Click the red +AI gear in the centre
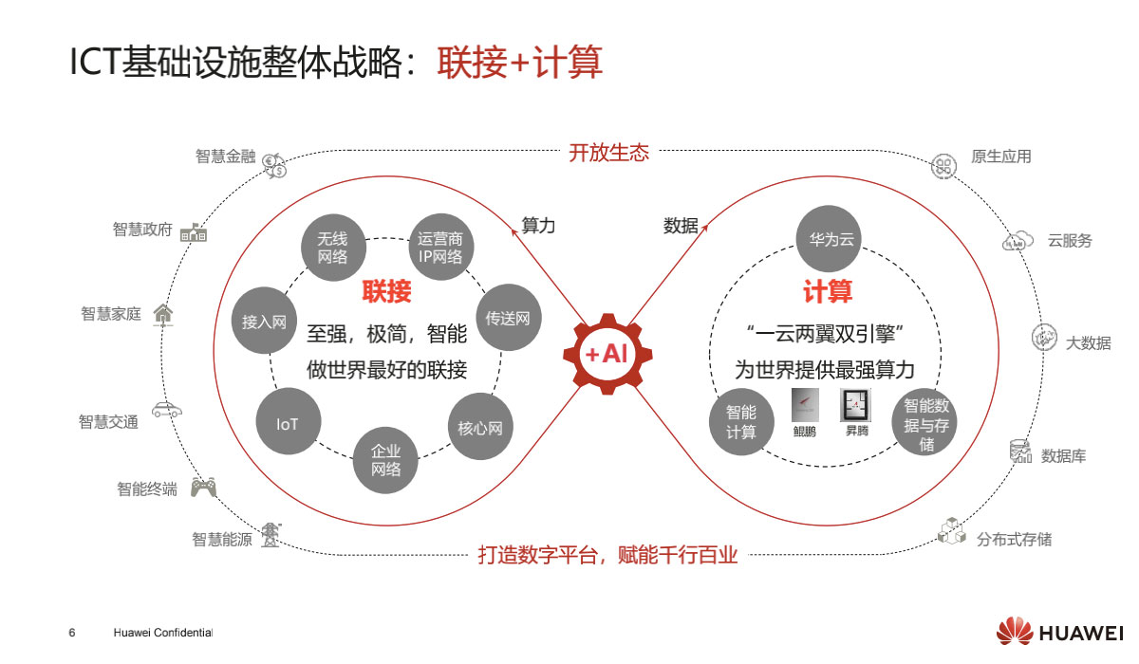pyautogui.click(x=607, y=354)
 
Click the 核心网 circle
pyautogui.click(x=479, y=428)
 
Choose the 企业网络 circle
pyautogui.click(x=386, y=460)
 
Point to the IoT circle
pyautogui.click(x=288, y=424)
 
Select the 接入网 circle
pyautogui.click(x=264, y=322)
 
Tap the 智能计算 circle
pyautogui.click(x=741, y=422)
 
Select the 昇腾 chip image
pyautogui.click(x=856, y=406)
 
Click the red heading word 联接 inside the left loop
pyautogui.click(x=386, y=291)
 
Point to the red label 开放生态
pyautogui.click(x=608, y=153)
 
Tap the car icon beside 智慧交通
pyautogui.click(x=167, y=410)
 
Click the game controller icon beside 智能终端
pyautogui.click(x=203, y=488)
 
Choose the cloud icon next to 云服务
pyautogui.click(x=1018, y=241)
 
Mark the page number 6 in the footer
pyautogui.click(x=71, y=633)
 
